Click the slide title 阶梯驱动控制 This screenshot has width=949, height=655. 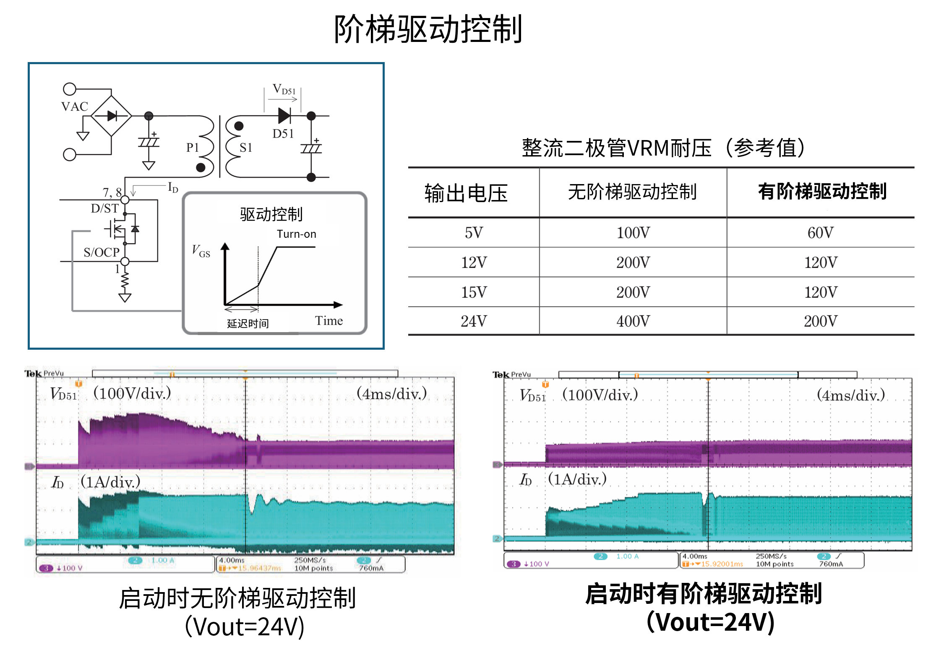(x=428, y=29)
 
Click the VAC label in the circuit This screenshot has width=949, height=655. (x=75, y=107)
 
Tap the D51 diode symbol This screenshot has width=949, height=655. (x=284, y=115)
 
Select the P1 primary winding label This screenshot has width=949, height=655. (x=193, y=148)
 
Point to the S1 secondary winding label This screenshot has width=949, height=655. (x=246, y=148)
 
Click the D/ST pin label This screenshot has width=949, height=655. (x=105, y=208)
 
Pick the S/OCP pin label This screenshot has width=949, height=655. (x=102, y=252)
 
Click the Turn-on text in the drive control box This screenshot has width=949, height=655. (x=296, y=234)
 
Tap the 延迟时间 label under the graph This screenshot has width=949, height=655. (x=248, y=323)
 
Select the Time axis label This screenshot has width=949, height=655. (x=329, y=321)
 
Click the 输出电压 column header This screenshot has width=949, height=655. (x=466, y=193)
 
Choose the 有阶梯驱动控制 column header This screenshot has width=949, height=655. (x=822, y=192)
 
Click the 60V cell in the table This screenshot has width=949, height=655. (x=821, y=233)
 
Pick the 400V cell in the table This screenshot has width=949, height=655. (x=633, y=321)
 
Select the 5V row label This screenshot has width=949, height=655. (x=474, y=233)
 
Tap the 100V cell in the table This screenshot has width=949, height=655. (x=633, y=233)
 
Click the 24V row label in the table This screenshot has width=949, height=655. (x=474, y=321)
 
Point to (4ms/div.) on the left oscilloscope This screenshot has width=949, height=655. (x=391, y=394)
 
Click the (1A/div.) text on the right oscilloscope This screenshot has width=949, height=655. (x=577, y=479)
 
